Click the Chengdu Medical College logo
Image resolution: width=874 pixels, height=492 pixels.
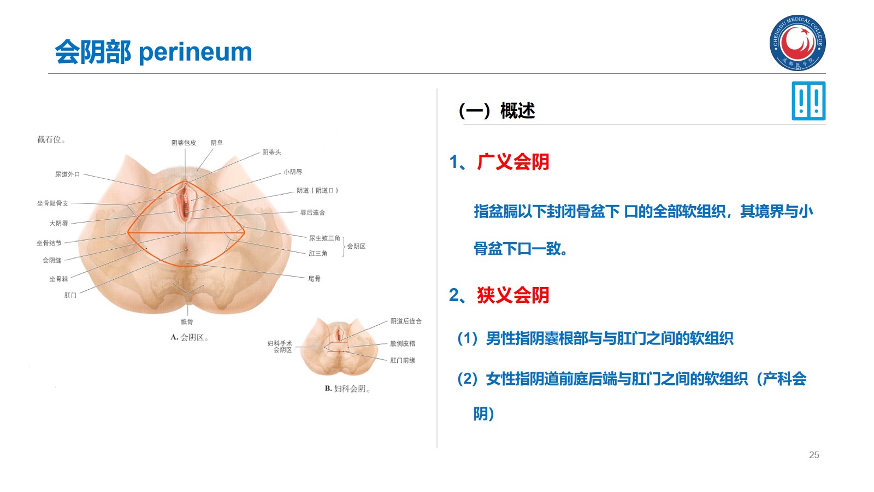(x=798, y=43)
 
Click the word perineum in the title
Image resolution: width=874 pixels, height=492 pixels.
(x=195, y=52)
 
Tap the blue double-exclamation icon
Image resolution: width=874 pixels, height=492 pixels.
(x=808, y=101)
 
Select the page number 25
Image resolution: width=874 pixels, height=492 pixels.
(x=814, y=455)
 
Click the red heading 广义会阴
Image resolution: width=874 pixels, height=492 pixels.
(x=513, y=162)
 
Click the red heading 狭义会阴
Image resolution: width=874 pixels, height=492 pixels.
(x=513, y=295)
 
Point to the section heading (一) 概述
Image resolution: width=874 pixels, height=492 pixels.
(x=497, y=111)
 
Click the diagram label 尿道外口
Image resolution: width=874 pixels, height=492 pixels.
(x=67, y=174)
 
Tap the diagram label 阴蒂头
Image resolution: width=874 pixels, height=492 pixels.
(x=271, y=153)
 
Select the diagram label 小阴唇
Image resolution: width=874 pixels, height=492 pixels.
(x=293, y=172)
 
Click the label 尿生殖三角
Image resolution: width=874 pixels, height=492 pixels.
(x=324, y=238)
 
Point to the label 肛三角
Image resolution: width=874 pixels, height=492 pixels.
(x=318, y=254)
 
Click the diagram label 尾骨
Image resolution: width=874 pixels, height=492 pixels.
(x=314, y=279)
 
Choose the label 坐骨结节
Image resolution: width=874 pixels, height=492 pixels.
(x=49, y=243)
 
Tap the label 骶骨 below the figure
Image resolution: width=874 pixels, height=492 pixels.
(x=187, y=322)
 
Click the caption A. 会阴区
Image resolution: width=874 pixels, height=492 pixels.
(x=189, y=337)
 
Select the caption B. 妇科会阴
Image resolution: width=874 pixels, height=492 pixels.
(x=347, y=389)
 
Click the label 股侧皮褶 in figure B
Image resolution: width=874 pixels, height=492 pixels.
(x=403, y=344)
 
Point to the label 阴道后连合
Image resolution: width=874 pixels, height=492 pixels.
(x=406, y=321)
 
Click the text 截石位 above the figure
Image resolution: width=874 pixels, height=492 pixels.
(x=51, y=140)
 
